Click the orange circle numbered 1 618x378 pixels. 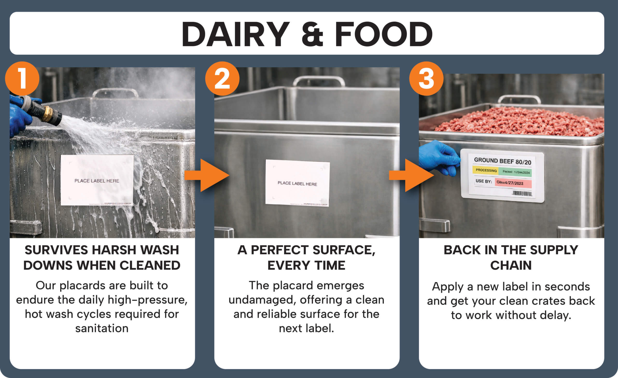pos(22,79)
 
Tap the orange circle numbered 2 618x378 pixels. pos(222,79)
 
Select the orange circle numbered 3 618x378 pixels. pos(426,79)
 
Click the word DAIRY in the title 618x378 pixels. pos(235,34)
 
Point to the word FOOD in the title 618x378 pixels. pos(384,34)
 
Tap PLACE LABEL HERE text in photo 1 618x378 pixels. pos(97,181)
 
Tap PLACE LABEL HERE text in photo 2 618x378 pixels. pos(297,183)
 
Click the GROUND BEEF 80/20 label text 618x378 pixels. pos(502,161)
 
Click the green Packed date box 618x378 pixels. pos(515,172)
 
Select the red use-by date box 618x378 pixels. pos(513,183)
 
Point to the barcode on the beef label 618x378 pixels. pos(522,193)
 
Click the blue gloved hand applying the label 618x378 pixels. pos(439,157)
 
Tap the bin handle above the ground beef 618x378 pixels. pos(519,98)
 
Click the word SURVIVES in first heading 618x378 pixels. pos(56,250)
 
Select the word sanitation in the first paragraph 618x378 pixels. pos(102,328)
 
